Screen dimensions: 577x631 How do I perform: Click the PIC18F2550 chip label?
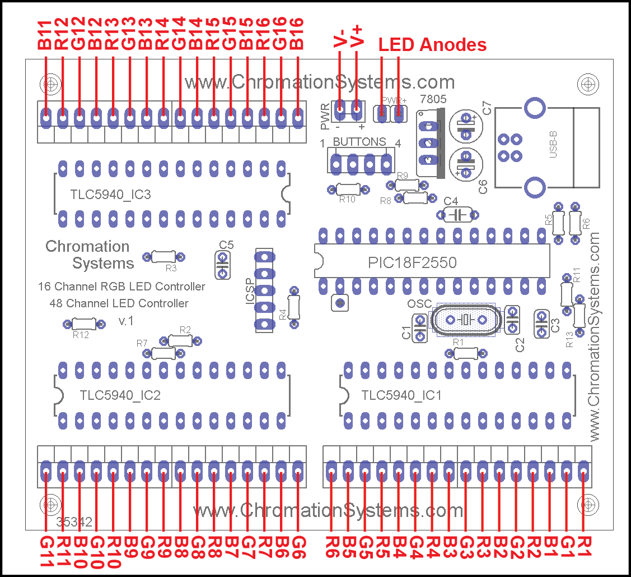412,262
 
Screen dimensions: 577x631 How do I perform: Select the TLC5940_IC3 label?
110,195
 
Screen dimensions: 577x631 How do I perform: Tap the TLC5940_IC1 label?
401,395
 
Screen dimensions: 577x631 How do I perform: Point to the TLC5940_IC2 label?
120,395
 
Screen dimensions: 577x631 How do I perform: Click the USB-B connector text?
553,145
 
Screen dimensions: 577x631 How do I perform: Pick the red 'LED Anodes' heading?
432,45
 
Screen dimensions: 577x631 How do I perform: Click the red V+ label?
357,36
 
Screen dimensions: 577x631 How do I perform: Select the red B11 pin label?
45,35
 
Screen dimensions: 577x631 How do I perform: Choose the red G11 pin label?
45,552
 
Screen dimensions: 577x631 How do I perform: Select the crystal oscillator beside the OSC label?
464,320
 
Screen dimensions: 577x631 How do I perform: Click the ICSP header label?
250,291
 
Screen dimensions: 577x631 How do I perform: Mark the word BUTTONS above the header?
359,142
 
